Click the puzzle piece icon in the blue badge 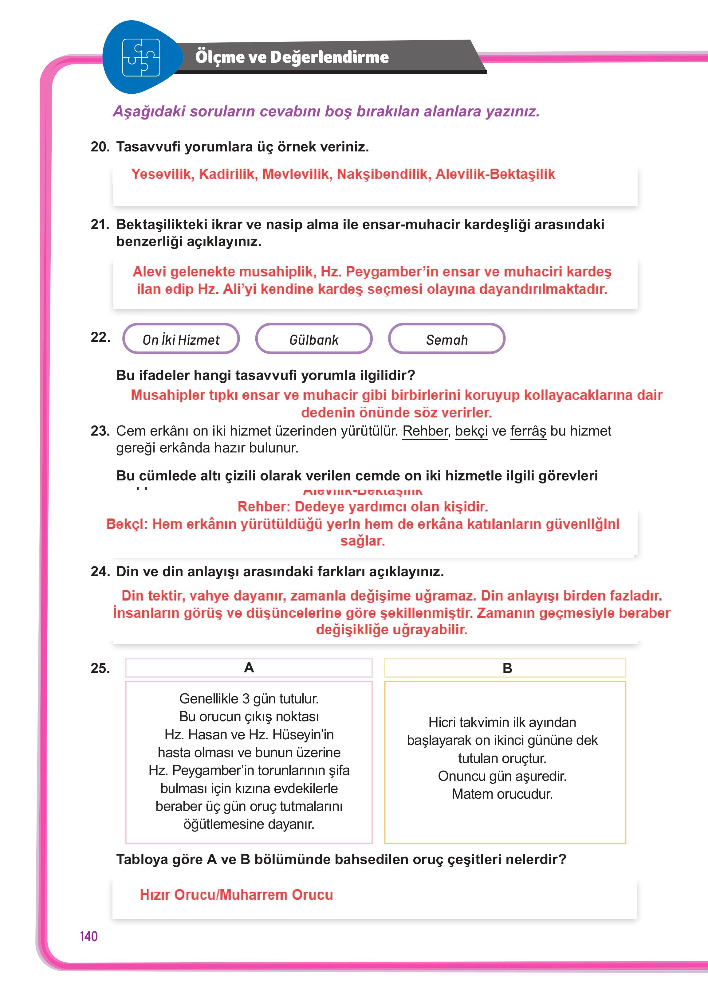click(x=141, y=57)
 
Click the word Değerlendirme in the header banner click(x=329, y=57)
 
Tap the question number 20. click(x=100, y=147)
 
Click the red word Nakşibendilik click(x=383, y=174)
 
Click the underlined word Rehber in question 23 click(x=425, y=431)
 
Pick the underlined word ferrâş click(x=528, y=431)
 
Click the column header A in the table click(x=249, y=668)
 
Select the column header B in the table click(x=507, y=668)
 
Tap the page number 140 click(x=88, y=936)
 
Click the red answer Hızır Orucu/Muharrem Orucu click(x=236, y=894)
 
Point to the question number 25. click(x=100, y=668)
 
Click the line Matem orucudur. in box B click(x=502, y=794)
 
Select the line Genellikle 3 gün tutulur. click(x=249, y=699)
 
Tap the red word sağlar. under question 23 click(x=362, y=541)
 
